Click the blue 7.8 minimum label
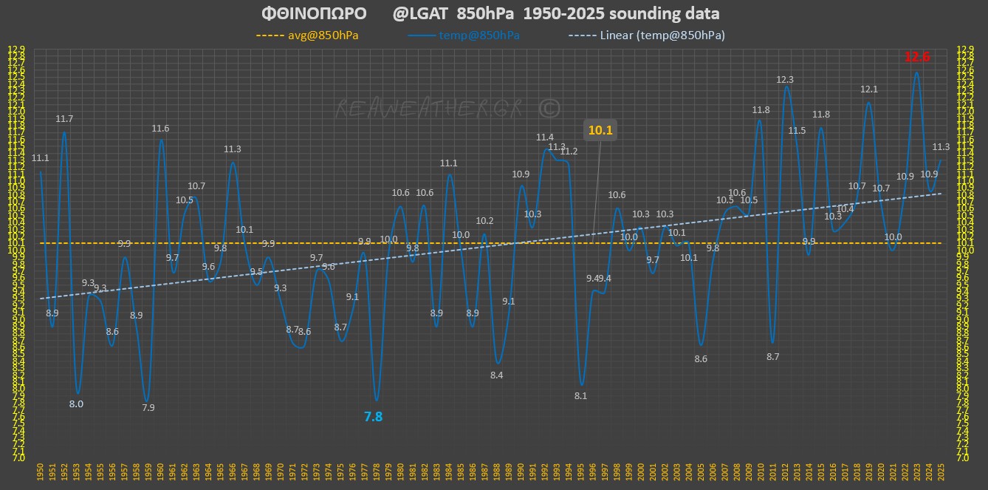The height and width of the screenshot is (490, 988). click(x=374, y=417)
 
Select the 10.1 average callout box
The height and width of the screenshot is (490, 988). click(x=600, y=131)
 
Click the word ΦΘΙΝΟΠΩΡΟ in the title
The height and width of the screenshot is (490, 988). click(x=314, y=14)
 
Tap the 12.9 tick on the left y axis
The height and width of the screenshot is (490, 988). click(x=15, y=50)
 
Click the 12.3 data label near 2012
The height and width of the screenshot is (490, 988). click(x=785, y=79)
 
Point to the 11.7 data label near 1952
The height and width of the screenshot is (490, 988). click(x=64, y=118)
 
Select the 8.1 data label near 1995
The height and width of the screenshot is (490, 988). click(x=580, y=395)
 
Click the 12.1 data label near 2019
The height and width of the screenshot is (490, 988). click(x=869, y=89)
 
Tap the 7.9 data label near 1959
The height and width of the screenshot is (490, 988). click(x=148, y=407)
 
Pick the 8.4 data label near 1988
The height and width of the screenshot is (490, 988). click(x=496, y=375)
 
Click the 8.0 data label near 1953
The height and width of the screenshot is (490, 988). click(x=76, y=404)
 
